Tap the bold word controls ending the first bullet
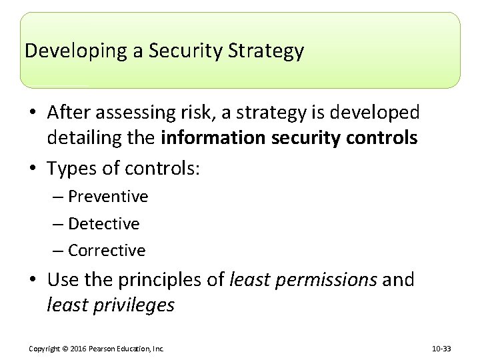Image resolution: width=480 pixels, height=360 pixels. click(382, 139)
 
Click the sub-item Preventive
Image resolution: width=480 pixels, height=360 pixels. click(108, 197)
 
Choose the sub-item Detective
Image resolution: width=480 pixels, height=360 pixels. click(104, 223)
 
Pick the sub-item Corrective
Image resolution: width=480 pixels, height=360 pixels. click(107, 251)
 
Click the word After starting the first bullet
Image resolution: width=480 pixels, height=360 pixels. click(71, 113)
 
